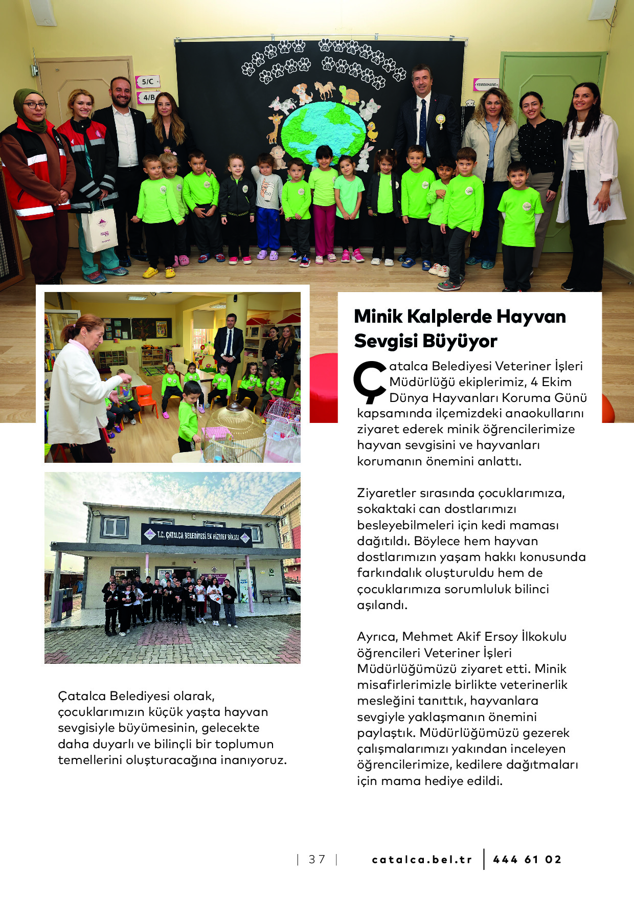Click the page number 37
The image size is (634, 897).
pos(317,859)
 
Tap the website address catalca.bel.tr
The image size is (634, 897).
pos(422,859)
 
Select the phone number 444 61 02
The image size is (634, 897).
pos(527,859)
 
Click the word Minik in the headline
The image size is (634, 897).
pos(378,317)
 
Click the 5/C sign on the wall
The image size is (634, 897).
pos(147,81)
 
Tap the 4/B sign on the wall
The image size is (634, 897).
pos(148,97)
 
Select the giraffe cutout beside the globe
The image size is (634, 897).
pos(275,128)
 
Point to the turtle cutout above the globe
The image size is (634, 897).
pos(349,96)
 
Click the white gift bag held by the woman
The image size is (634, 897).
pos(100,230)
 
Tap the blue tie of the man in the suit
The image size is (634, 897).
pos(423,123)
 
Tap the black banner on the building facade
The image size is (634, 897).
pos(196,535)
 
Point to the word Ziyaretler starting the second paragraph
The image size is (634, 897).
pos(386,493)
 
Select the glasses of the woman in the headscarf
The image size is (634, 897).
pos(34,105)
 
